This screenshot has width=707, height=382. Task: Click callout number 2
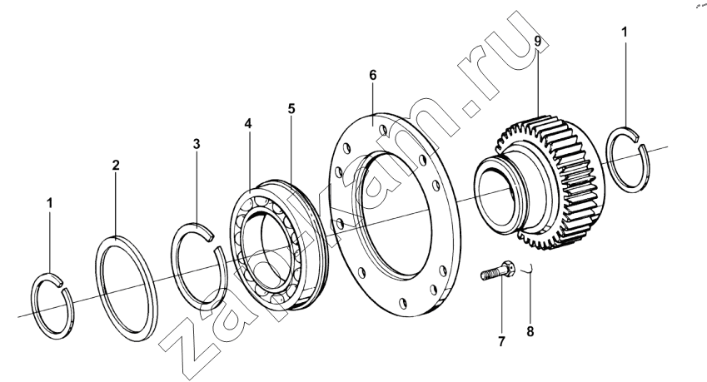[x=116, y=166]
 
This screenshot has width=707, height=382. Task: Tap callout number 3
[x=197, y=144]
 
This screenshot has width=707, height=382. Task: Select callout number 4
[x=248, y=123]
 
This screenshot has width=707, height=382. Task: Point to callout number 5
[x=291, y=108]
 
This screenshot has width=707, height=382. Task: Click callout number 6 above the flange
[x=372, y=75]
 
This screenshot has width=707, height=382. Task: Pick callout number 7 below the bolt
[x=501, y=342]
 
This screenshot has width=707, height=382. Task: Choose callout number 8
[x=530, y=332]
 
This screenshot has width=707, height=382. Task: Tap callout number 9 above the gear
[x=537, y=41]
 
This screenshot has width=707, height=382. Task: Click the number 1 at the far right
[x=625, y=32]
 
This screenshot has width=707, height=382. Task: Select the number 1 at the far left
[x=50, y=203]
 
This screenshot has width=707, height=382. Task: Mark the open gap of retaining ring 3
[x=214, y=241]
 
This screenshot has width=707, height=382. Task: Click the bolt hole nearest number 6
[x=383, y=130]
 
